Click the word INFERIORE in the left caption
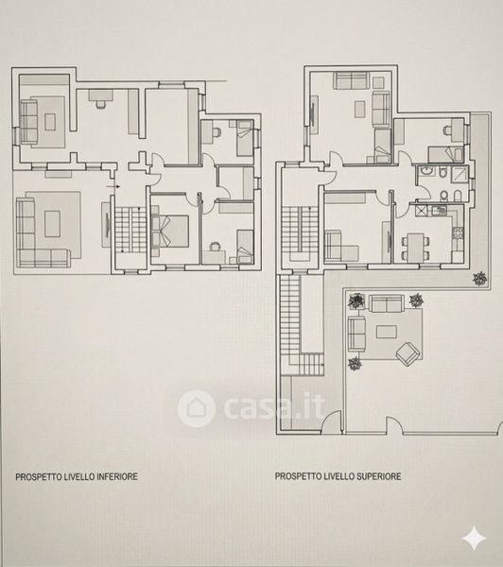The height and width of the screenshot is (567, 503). [116, 476]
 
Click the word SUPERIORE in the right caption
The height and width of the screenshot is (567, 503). [378, 476]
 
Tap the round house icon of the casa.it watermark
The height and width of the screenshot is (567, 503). [197, 408]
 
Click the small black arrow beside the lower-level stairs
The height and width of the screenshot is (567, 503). [113, 186]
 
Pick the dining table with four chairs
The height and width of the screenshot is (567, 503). [415, 247]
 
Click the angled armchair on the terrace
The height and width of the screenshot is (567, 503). [408, 352]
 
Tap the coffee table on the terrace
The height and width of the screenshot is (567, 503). [387, 332]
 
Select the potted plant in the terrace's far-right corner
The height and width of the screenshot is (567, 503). [480, 279]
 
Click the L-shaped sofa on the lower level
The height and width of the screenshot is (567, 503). [43, 233]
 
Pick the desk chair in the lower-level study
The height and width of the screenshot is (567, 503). [100, 104]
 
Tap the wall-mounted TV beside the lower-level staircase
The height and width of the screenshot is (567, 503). [107, 225]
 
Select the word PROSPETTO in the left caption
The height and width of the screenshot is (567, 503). [39, 476]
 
